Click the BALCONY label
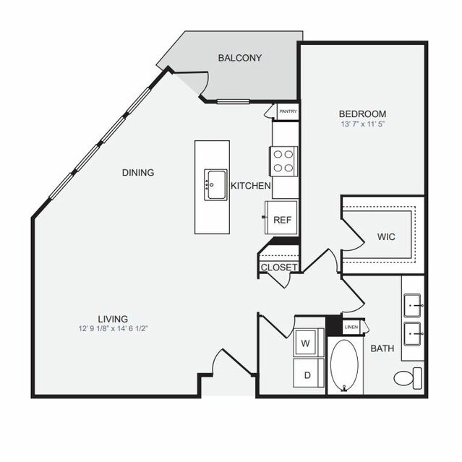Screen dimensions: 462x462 pos(240,58)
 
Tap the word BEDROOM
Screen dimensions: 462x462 pos(362,114)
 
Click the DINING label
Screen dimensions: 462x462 pos(137,172)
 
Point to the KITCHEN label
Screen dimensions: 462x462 pos(250,187)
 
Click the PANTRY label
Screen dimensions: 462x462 pos(288,111)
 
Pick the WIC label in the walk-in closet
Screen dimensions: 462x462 pos(385,236)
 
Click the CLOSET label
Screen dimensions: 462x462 pos(279,267)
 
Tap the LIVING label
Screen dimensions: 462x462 pos(114,317)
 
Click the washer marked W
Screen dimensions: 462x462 pos(305,343)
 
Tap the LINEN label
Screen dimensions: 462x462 pos(351,328)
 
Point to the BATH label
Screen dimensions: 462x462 pos(382,348)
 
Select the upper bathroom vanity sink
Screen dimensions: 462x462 pos(413,304)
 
